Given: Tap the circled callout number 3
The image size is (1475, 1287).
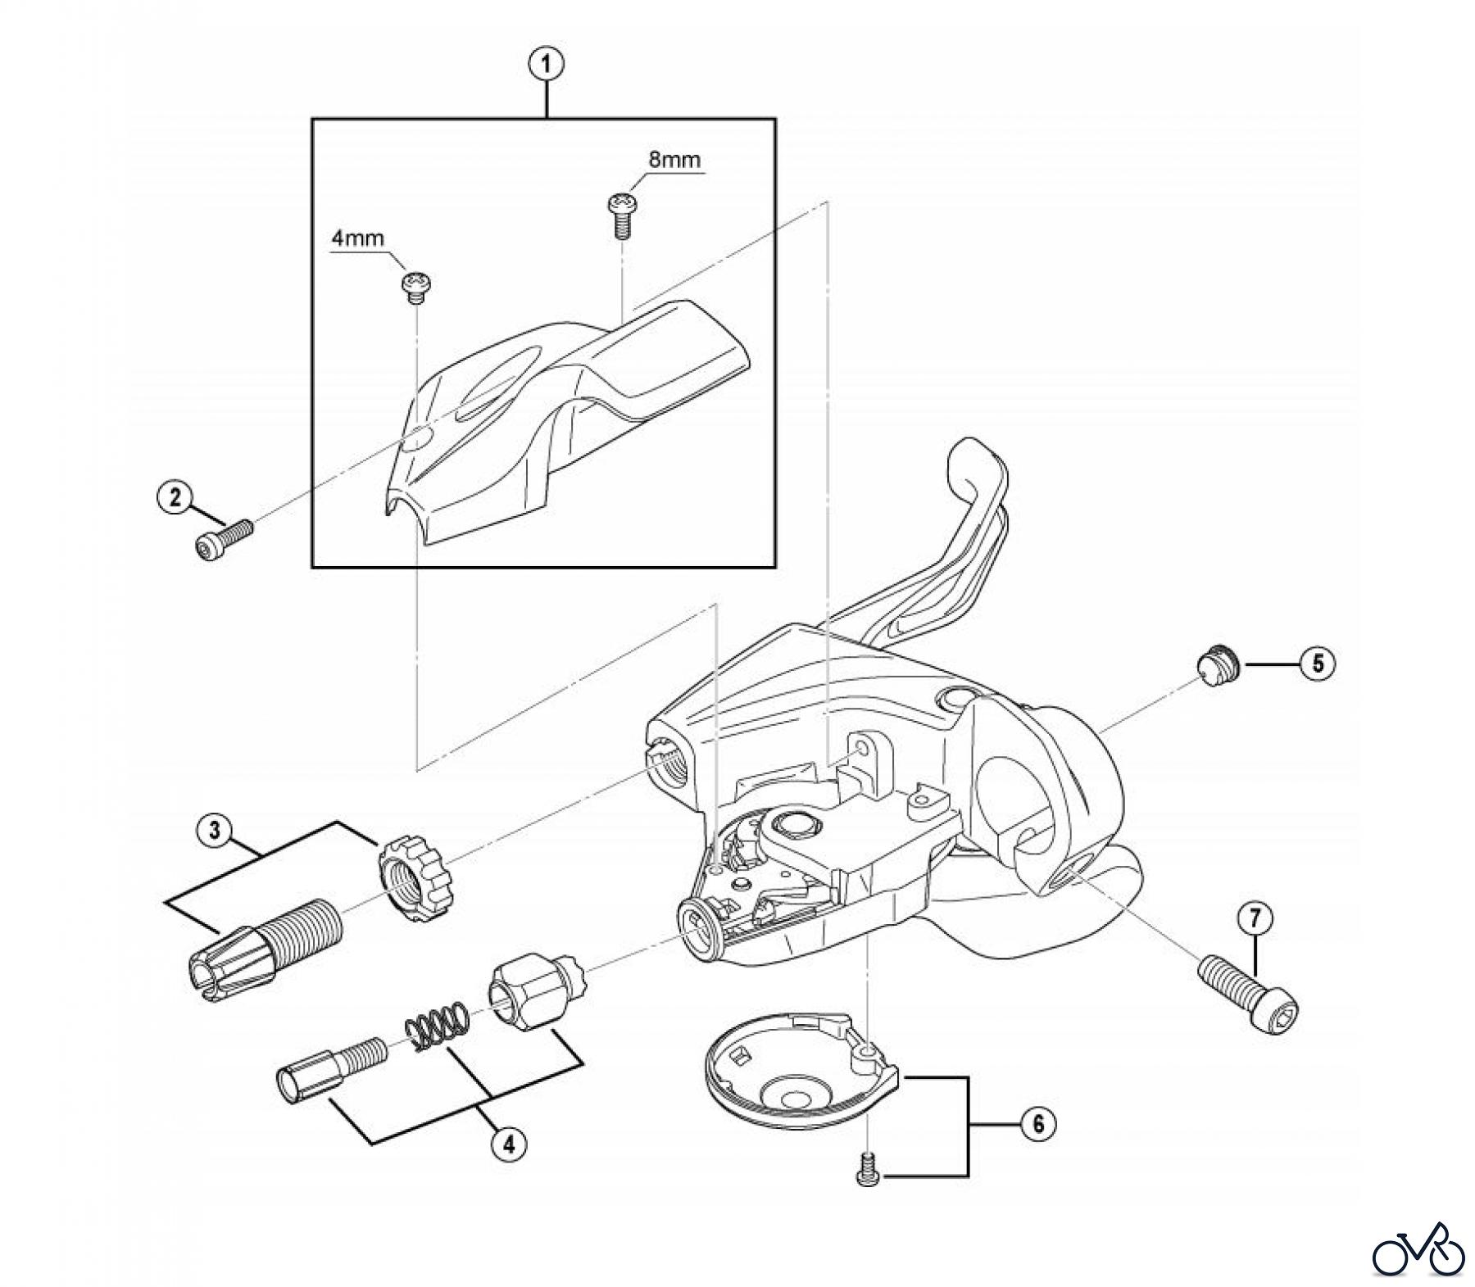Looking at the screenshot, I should pyautogui.click(x=214, y=831).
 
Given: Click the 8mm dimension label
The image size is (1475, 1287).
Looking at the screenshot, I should pyautogui.click(x=674, y=160).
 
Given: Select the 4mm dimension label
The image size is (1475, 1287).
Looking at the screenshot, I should pyautogui.click(x=357, y=238).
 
